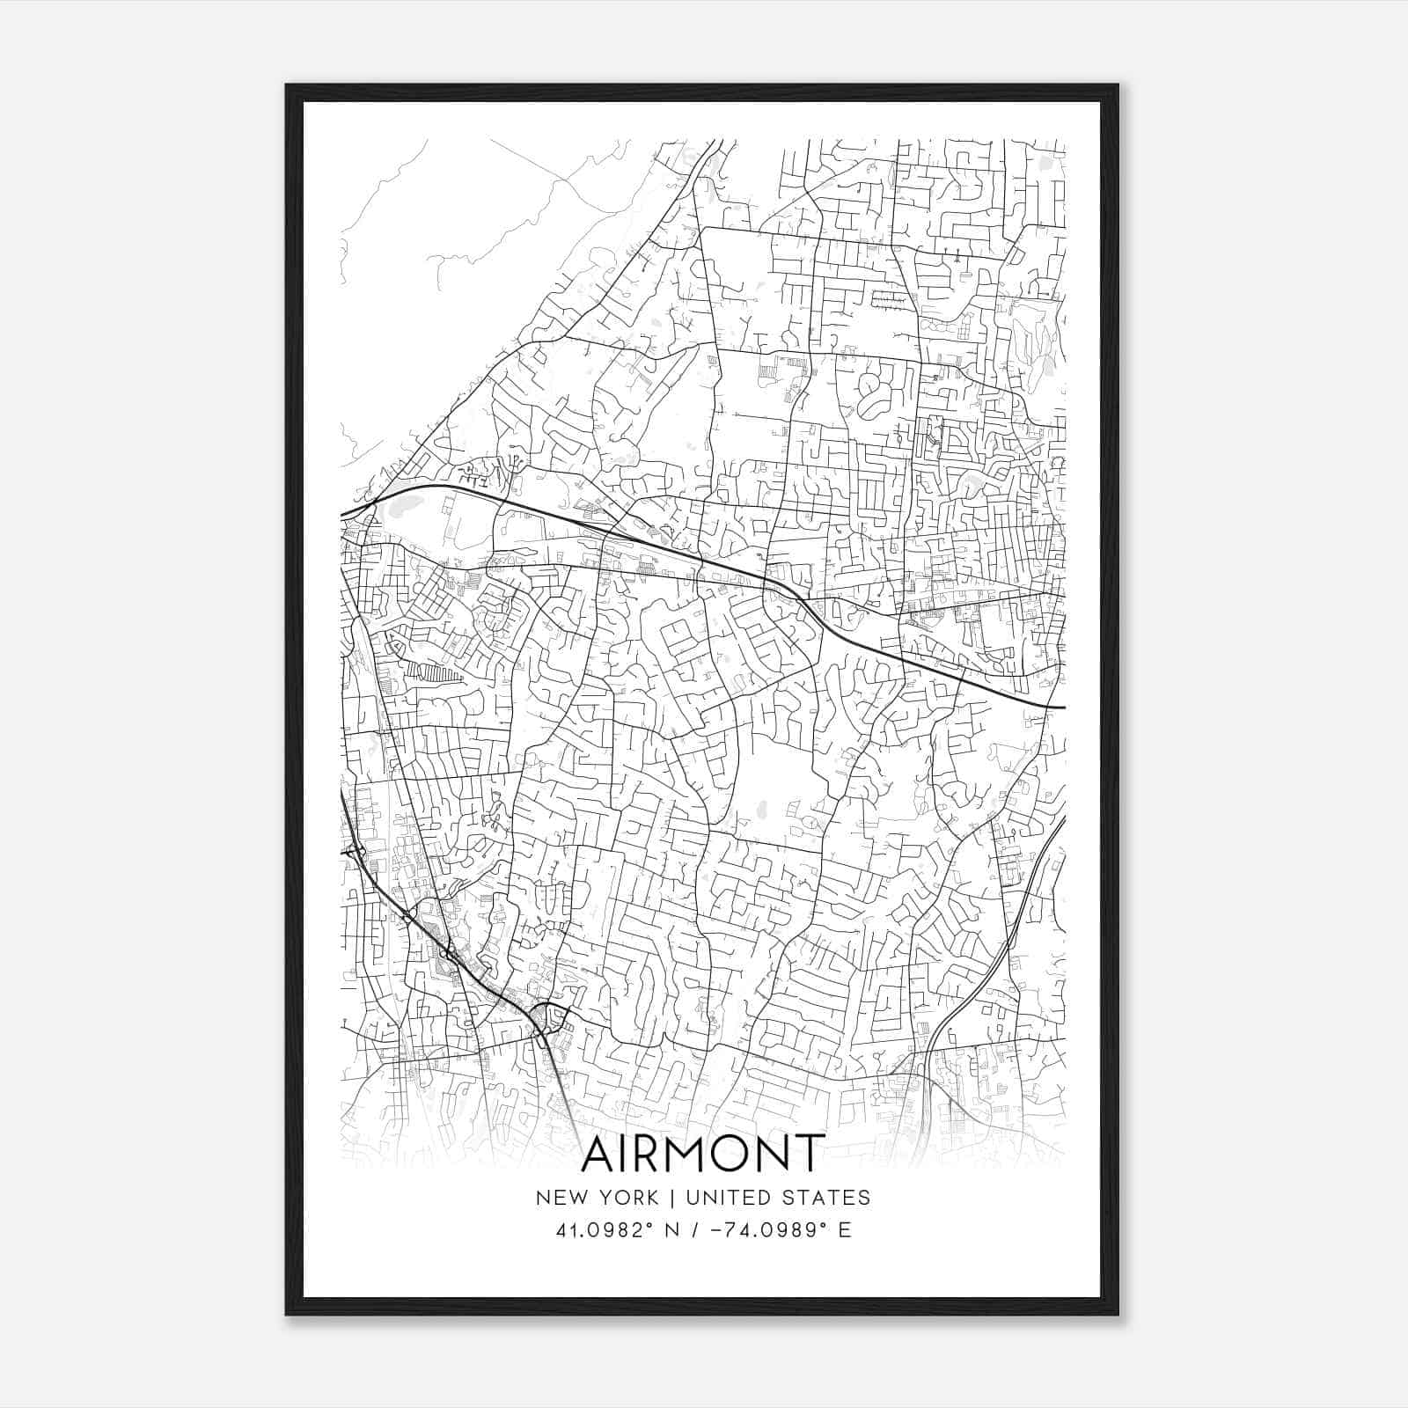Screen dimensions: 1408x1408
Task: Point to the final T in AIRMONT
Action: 810,1155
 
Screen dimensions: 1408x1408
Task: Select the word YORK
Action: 627,1198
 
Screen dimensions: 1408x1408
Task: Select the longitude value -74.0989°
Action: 773,1230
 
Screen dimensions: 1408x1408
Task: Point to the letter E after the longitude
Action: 845,1230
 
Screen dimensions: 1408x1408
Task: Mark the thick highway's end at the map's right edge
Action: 1063,707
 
